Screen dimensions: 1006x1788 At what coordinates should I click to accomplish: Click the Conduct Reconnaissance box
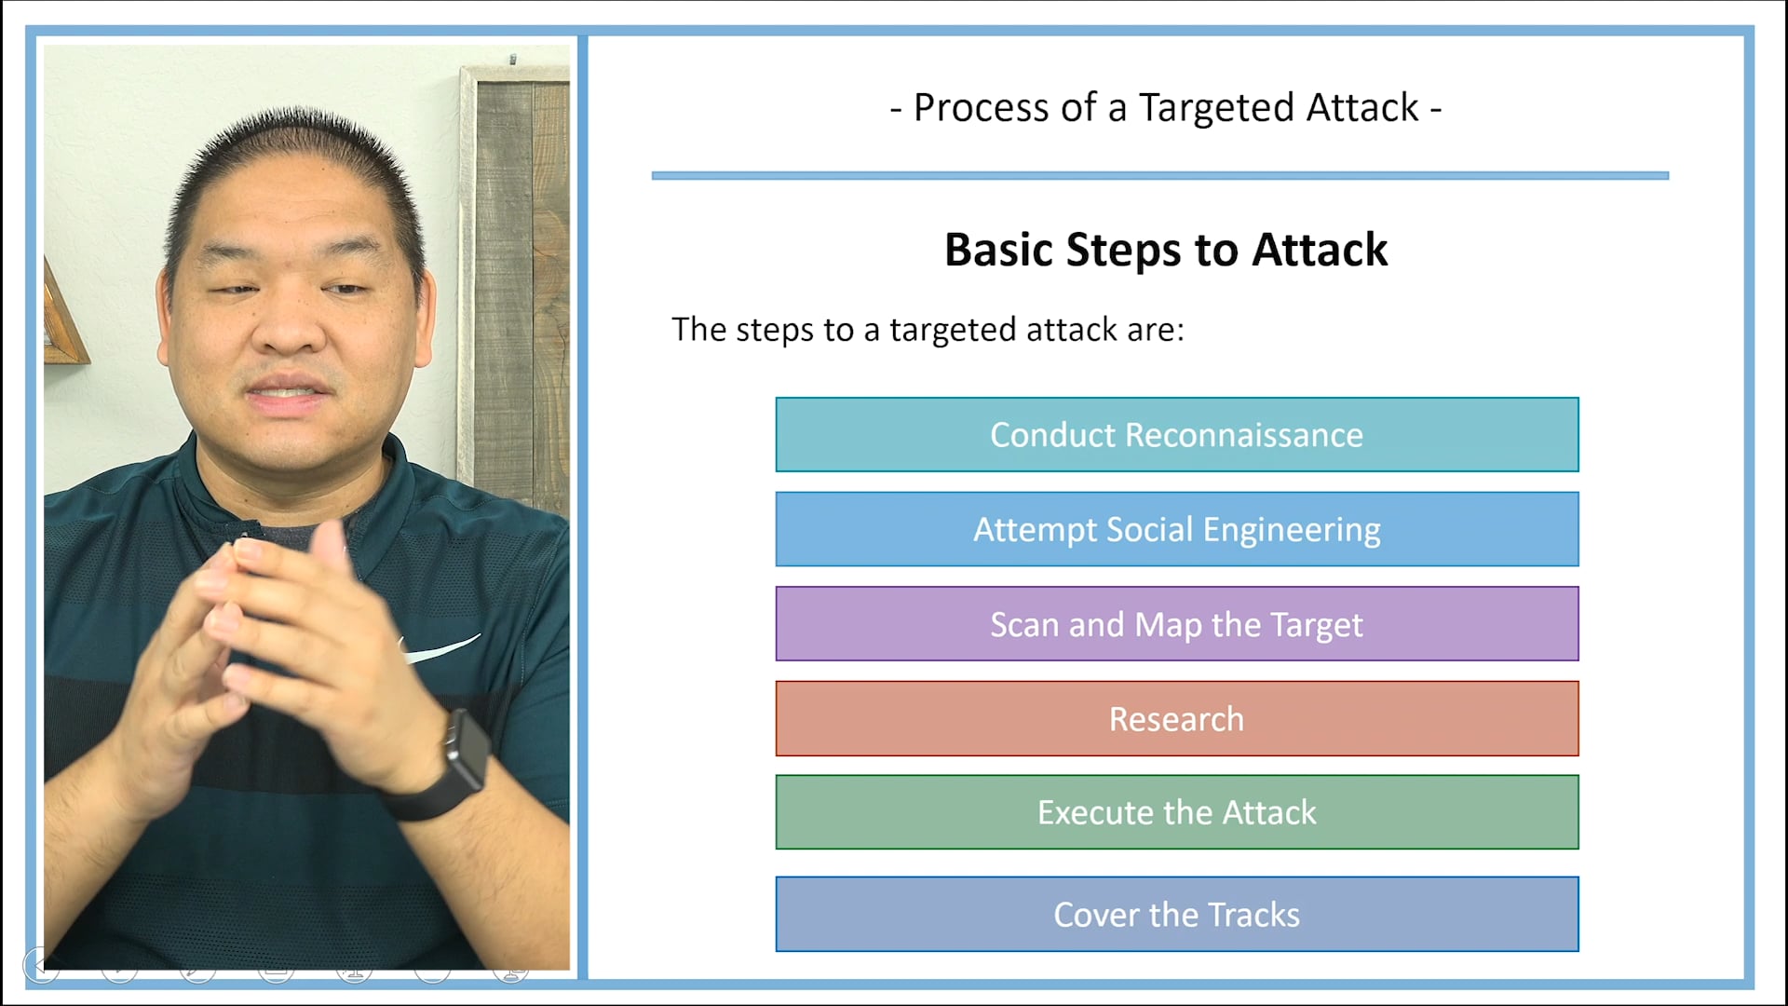(1176, 435)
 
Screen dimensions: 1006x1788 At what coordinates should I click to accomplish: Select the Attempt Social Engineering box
(1176, 529)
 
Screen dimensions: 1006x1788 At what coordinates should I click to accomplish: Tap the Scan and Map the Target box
(1176, 624)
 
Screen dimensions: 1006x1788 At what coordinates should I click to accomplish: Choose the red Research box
(1176, 719)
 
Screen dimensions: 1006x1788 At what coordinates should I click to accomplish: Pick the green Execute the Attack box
(1176, 812)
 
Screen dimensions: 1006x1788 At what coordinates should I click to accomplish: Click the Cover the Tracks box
(1176, 915)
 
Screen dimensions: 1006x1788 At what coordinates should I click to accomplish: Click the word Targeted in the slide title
(1216, 108)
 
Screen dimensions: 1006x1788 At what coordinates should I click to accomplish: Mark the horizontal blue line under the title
(1159, 175)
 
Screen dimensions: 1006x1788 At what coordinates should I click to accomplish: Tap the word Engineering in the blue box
(1291, 529)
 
